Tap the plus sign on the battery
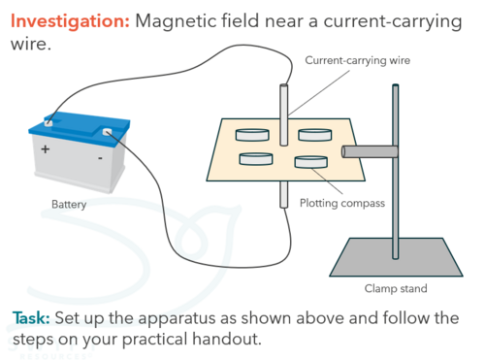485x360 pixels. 46,149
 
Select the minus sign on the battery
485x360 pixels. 100,158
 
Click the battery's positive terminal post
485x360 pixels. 48,122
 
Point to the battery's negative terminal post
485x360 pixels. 107,132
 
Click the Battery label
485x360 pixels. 69,205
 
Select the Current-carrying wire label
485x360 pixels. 357,60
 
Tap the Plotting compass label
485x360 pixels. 342,203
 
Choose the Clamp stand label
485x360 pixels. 396,288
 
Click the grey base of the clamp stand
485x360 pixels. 396,258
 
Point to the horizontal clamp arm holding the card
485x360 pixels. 370,151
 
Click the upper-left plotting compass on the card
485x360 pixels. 252,135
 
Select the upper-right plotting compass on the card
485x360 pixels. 314,135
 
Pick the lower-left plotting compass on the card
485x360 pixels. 256,159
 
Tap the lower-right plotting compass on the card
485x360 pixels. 311,162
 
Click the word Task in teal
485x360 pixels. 31,318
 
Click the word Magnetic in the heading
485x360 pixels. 176,21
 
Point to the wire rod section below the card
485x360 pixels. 284,194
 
